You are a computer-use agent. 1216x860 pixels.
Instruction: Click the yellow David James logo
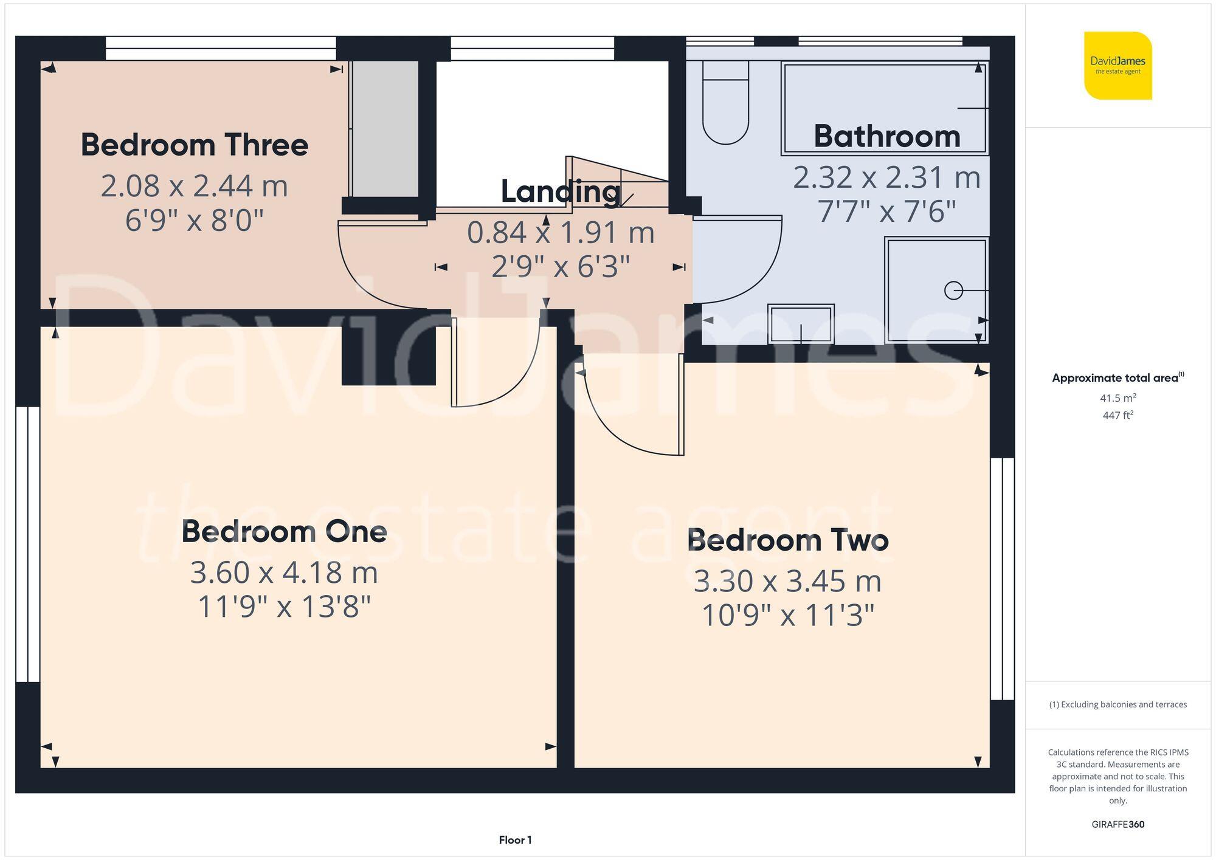(x=1118, y=66)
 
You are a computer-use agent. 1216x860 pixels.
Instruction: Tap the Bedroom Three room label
(x=195, y=145)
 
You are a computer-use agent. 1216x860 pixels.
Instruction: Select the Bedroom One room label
(x=284, y=532)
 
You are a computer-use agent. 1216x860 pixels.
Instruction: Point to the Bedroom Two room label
(x=787, y=540)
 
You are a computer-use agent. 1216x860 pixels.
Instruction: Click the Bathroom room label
(x=887, y=136)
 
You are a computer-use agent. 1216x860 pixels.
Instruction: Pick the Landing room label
(x=560, y=192)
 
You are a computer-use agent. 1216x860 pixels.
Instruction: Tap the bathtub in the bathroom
(x=884, y=109)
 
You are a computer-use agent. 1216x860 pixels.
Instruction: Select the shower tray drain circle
(x=953, y=291)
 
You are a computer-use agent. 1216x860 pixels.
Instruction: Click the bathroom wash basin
(x=800, y=323)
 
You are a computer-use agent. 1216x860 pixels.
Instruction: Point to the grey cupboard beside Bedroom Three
(x=385, y=129)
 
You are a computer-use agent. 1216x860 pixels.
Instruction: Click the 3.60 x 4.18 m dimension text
(x=284, y=573)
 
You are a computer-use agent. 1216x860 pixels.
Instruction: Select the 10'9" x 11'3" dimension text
(x=787, y=616)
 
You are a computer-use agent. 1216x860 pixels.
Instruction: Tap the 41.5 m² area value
(x=1118, y=398)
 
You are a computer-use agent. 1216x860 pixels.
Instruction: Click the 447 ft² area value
(x=1118, y=416)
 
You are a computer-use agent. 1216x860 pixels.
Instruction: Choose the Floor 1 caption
(x=515, y=840)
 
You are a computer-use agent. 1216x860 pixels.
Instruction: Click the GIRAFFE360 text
(x=1118, y=824)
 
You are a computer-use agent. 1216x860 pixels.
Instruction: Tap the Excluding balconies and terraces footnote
(x=1118, y=704)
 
